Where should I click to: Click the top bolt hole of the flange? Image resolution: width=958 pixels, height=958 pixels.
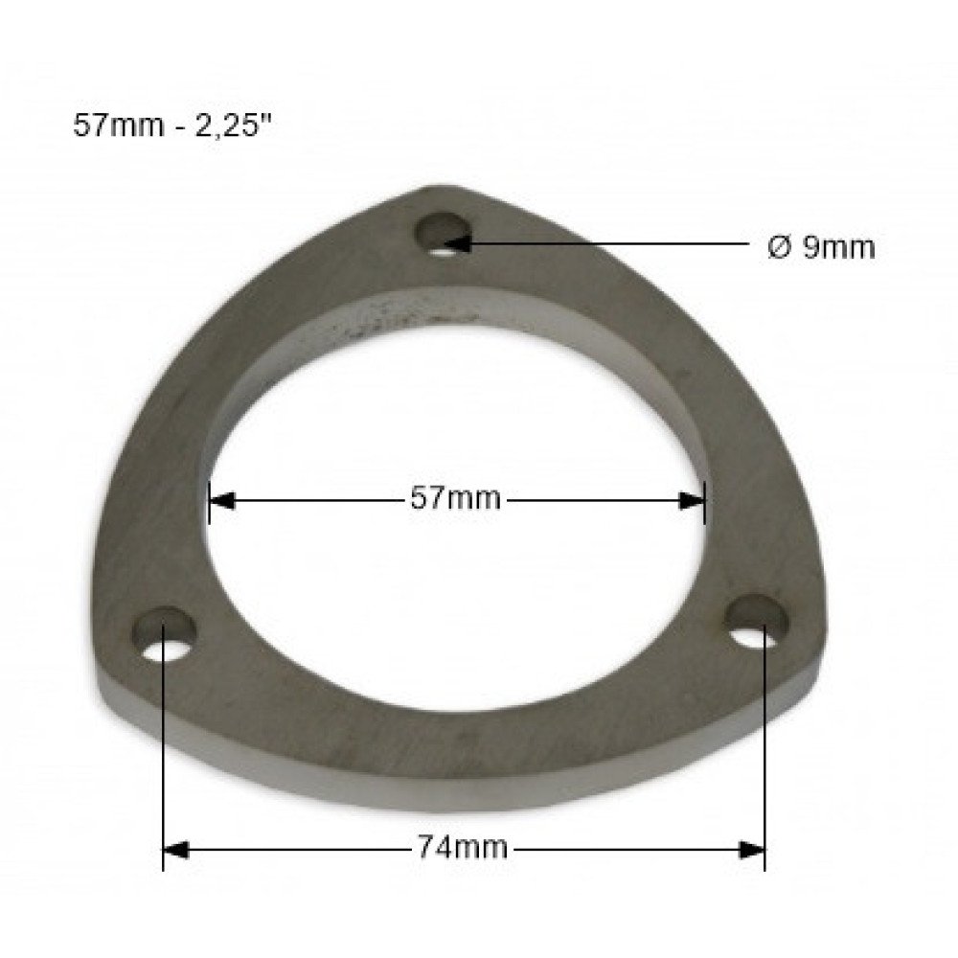pos(444,234)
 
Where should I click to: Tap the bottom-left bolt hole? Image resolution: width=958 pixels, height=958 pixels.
pos(165,633)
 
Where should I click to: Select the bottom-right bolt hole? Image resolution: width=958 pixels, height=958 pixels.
pos(756,621)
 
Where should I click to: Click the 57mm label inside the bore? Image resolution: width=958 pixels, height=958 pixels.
pos(455,498)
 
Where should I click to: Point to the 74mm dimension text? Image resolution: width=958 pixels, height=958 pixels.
pos(463,848)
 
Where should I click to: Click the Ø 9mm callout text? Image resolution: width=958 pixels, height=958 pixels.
pos(821,247)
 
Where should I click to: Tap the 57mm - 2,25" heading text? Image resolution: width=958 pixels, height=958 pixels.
pos(171,125)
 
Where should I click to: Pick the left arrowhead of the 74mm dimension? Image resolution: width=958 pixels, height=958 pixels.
pos(176,850)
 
